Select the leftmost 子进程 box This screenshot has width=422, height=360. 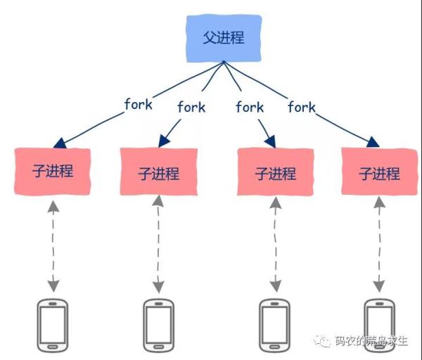pos(53,171)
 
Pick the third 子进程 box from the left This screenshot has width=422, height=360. pos(274,173)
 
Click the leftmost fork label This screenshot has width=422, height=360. pos(139,105)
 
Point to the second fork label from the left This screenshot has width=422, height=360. pos(191,107)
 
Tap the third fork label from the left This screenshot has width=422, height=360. pos(250,107)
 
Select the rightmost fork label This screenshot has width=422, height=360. pos(302,107)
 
